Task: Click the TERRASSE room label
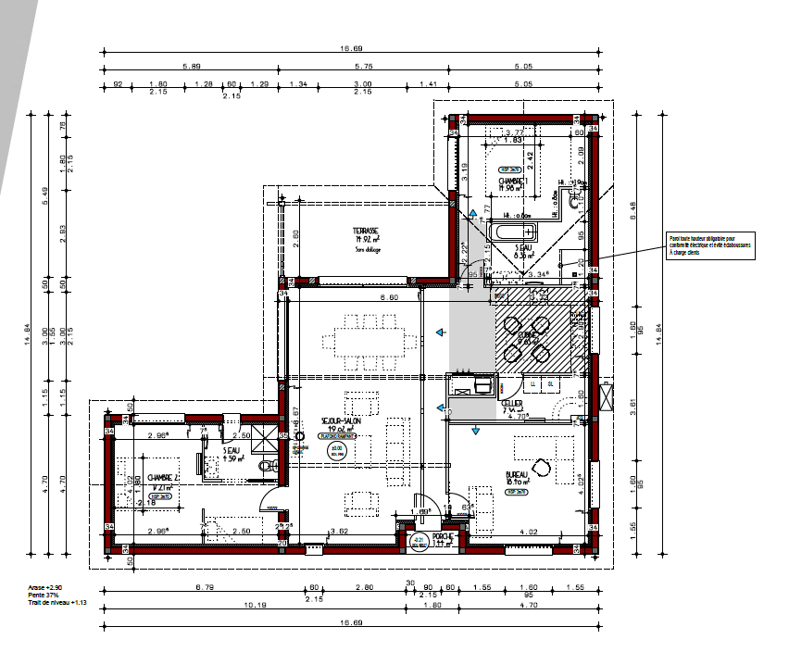point(365,231)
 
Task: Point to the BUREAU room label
point(516,473)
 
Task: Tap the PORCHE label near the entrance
point(443,536)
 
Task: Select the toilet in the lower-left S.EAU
point(268,467)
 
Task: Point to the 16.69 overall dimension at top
point(349,48)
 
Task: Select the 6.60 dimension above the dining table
point(364,297)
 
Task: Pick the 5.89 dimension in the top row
point(192,67)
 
